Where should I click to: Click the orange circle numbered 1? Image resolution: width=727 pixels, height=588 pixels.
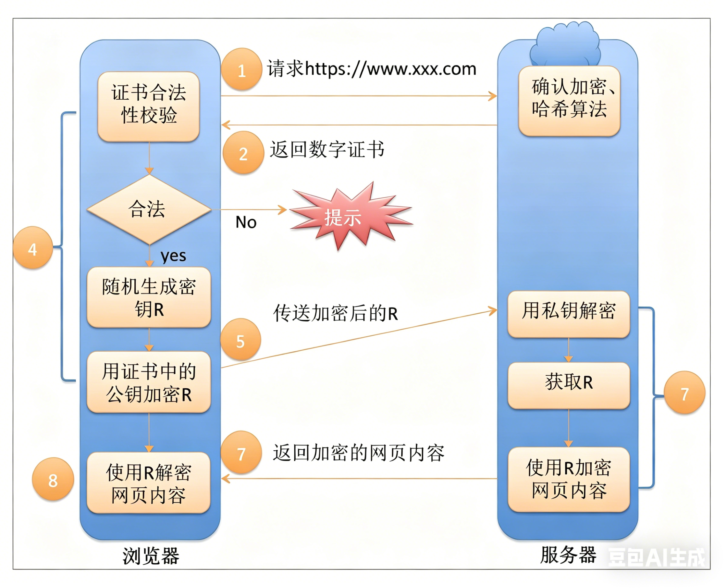[241, 69]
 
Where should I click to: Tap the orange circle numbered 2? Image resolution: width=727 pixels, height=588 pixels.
[243, 153]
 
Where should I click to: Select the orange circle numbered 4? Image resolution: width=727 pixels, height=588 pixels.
[33, 248]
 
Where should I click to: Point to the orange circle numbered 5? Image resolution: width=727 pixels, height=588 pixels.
[240, 340]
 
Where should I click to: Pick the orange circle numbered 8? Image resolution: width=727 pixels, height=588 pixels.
[53, 480]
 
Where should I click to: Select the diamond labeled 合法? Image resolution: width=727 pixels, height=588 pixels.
[149, 209]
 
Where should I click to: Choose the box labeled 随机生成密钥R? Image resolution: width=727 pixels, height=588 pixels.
[149, 297]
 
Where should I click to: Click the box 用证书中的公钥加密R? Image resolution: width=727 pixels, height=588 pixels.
[149, 382]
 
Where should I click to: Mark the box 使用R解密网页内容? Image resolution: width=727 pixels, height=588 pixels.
[149, 483]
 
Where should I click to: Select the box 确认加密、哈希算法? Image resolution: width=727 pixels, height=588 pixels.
[570, 101]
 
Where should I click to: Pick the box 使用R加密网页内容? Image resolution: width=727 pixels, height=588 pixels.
[569, 479]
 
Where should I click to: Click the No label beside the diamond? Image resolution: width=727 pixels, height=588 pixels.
[246, 223]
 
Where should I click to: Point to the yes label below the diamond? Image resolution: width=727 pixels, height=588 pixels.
[173, 256]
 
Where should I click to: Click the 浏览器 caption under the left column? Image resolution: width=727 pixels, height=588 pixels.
[151, 556]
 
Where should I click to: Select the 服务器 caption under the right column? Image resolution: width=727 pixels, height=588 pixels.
[568, 555]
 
